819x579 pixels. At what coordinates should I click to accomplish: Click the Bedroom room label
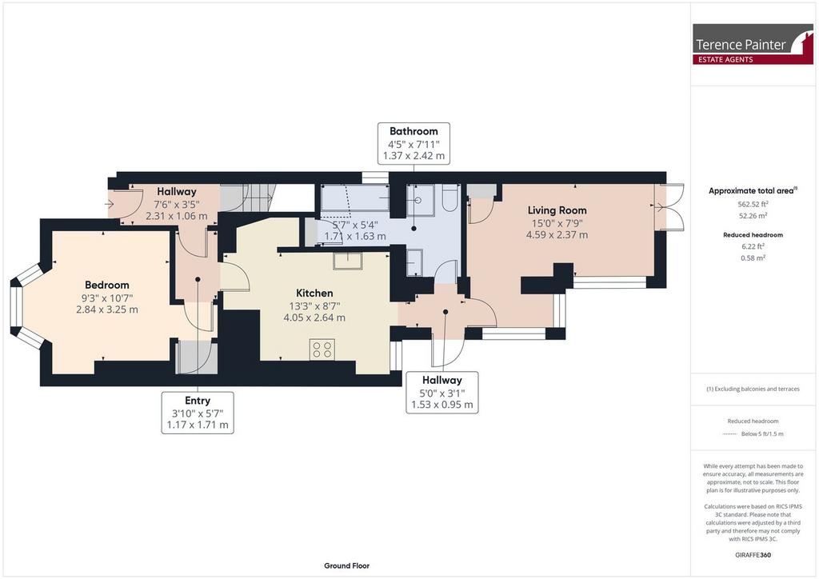coord(107,285)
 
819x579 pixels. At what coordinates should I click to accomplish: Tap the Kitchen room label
coord(314,293)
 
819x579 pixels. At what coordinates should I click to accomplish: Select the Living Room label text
coord(557,210)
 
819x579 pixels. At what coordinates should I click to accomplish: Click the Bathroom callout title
coord(413,131)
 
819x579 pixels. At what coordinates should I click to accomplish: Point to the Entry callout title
coord(198,401)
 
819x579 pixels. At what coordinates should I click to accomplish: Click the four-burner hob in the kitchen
coord(322,349)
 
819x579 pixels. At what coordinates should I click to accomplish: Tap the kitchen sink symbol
coord(349,261)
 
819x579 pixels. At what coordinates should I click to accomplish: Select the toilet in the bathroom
coord(450,198)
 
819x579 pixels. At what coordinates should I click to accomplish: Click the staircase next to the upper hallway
coord(247,198)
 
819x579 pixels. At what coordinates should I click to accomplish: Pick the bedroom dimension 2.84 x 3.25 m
coord(107,309)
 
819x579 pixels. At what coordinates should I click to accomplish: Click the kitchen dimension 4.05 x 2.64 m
coord(314,317)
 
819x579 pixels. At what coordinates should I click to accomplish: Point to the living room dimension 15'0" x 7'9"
coord(557,223)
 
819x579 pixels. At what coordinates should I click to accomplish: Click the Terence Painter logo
coord(753,44)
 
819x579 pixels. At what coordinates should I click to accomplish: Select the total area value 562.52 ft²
coord(753,204)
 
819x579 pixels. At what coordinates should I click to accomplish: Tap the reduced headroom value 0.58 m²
coord(753,258)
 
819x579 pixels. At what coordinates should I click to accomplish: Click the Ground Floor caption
coord(347,565)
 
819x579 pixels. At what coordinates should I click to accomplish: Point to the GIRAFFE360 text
coord(753,554)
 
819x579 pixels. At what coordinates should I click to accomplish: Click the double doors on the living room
coord(669,207)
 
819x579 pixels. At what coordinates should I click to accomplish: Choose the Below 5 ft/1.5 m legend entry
coord(762,434)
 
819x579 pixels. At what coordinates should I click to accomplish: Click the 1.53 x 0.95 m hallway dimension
coord(441,405)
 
